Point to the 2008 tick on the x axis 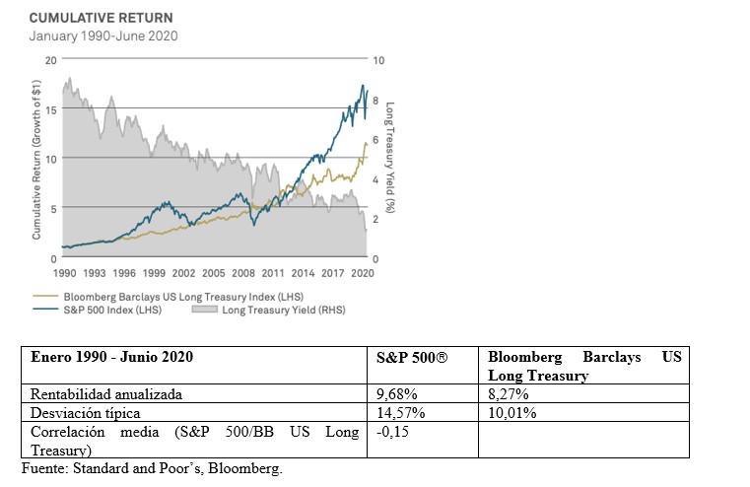[243, 271]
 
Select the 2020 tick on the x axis [363, 271]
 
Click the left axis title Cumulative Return [36, 162]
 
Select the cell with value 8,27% [509, 394]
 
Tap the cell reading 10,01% [512, 412]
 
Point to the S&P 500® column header [412, 355]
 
